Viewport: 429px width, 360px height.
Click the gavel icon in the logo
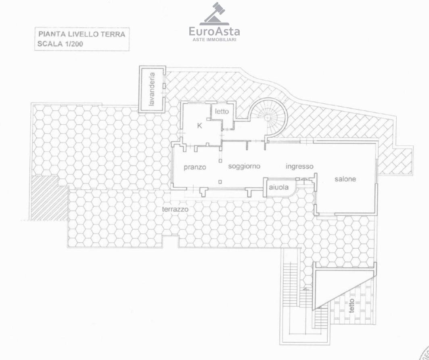pyautogui.click(x=214, y=14)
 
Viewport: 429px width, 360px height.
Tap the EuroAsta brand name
pyautogui.click(x=214, y=31)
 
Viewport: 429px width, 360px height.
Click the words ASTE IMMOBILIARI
pyautogui.click(x=214, y=40)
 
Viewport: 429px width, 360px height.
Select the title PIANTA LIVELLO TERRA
pyautogui.click(x=82, y=34)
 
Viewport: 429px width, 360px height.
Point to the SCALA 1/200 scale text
pyautogui.click(x=60, y=44)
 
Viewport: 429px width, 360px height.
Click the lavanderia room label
pyautogui.click(x=152, y=89)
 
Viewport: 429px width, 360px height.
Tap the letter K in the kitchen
pyautogui.click(x=199, y=126)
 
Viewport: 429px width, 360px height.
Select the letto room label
pyautogui.click(x=222, y=111)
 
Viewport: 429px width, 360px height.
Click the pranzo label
pyautogui.click(x=195, y=167)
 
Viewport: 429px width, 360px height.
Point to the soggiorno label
pyautogui.click(x=244, y=166)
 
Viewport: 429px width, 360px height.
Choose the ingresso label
pyautogui.click(x=299, y=166)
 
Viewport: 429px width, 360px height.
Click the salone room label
pyautogui.click(x=345, y=179)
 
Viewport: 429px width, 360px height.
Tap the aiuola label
pyautogui.click(x=278, y=187)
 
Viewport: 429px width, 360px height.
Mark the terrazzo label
pyautogui.click(x=176, y=209)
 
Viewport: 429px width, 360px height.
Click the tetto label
pyautogui.click(x=352, y=306)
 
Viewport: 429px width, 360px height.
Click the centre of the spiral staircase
pyautogui.click(x=268, y=117)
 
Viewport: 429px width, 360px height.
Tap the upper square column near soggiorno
pyautogui.click(x=220, y=161)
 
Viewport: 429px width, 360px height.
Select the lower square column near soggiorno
pyautogui.click(x=220, y=182)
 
